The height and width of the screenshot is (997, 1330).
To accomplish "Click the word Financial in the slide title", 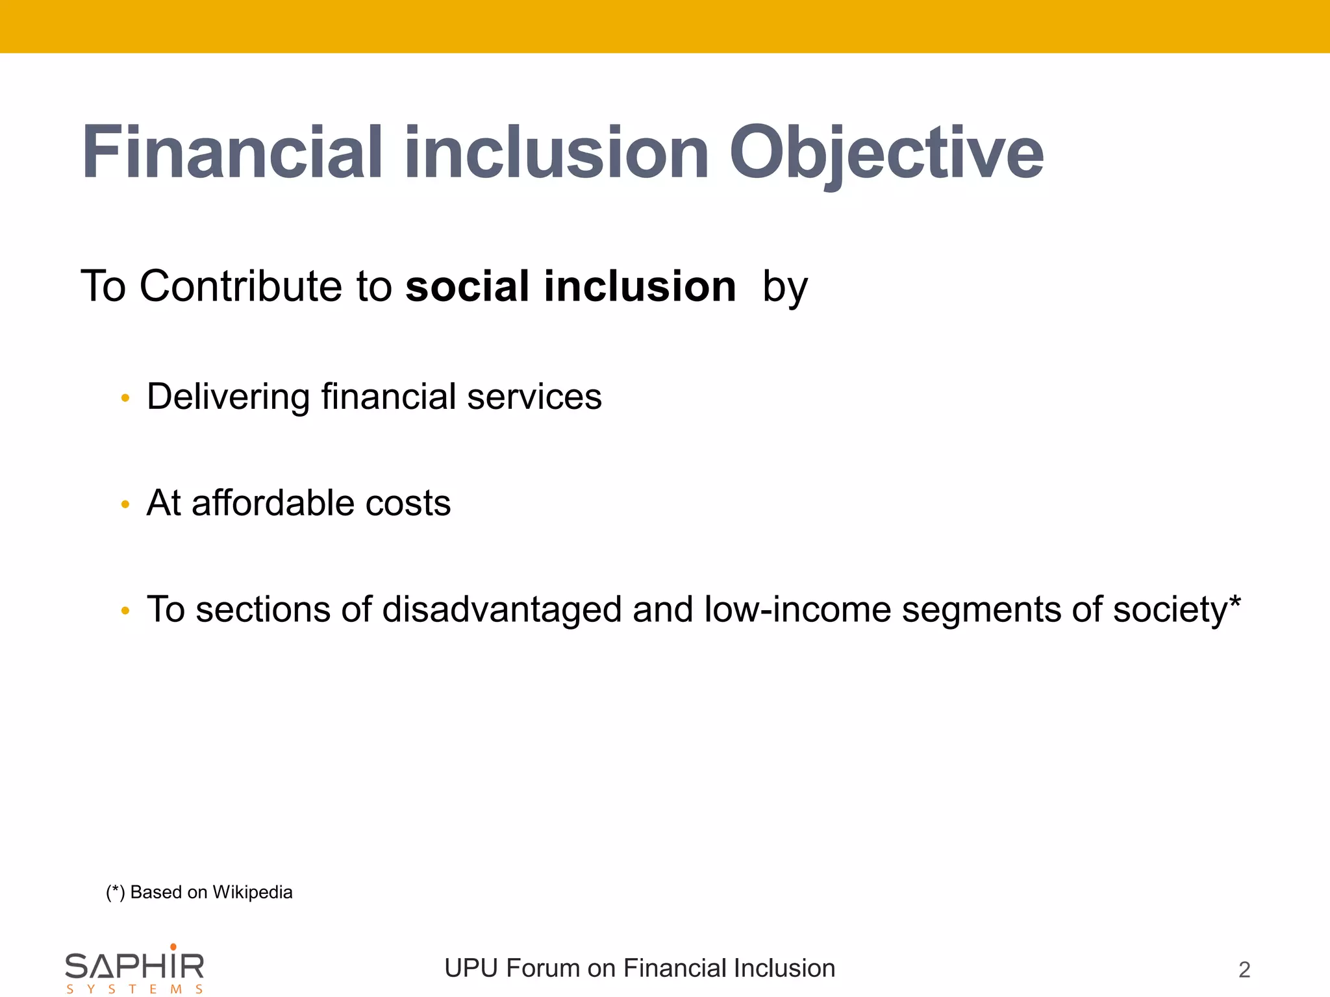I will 232,154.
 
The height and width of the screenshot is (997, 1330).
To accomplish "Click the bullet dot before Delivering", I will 125,398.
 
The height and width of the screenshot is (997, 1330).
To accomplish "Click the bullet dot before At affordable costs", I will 125,504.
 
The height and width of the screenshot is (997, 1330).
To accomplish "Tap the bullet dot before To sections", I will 125,611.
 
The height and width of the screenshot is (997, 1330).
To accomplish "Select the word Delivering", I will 228,397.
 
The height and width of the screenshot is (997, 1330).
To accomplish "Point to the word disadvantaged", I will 501,610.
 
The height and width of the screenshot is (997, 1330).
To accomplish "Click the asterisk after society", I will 1235,602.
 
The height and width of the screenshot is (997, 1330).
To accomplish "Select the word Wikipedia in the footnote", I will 252,892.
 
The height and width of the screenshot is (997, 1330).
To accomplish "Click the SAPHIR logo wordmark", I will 134,967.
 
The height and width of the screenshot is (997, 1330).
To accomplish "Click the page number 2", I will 1244,970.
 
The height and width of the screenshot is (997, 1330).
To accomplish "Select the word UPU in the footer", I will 471,968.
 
